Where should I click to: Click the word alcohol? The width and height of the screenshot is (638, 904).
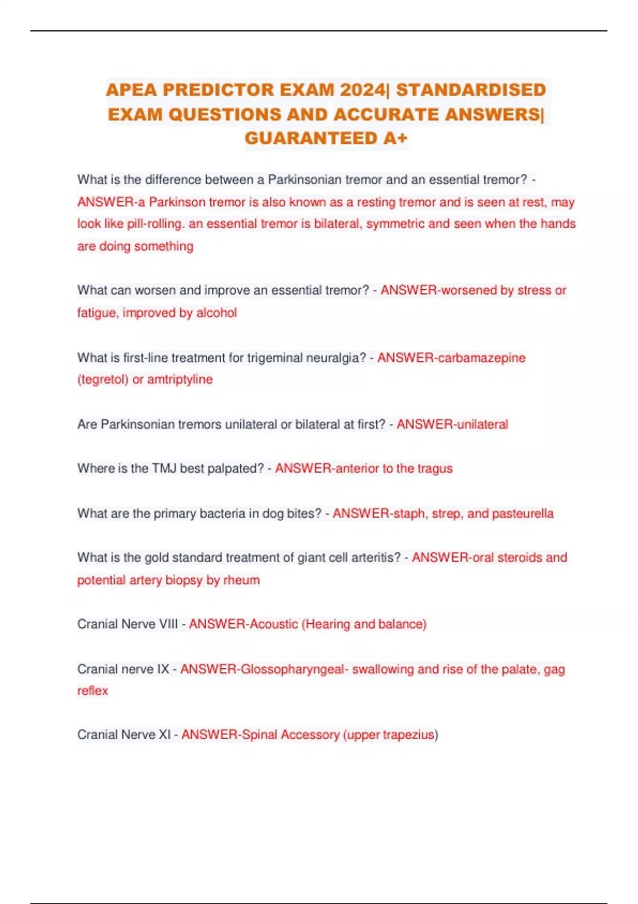[x=216, y=313]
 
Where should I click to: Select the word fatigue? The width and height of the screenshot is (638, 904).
[x=97, y=313]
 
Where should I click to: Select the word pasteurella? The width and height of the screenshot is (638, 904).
[x=523, y=514]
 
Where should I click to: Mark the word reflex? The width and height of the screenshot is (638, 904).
[x=93, y=691]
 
